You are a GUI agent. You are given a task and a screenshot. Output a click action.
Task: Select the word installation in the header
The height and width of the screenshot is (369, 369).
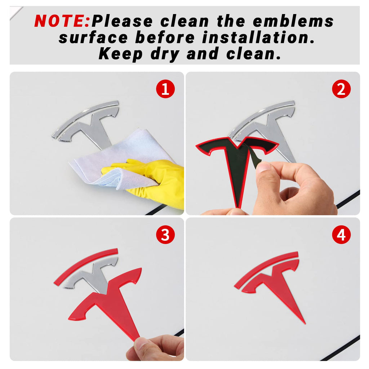coord(258,37)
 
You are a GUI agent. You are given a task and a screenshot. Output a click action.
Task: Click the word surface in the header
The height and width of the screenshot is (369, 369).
coord(93,38)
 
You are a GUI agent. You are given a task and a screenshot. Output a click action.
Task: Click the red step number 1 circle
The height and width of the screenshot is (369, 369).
coord(165,89)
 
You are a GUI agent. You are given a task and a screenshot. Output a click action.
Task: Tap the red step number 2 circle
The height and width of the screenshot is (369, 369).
coord(341,89)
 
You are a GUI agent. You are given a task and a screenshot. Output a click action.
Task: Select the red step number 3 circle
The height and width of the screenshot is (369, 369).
coord(165,235)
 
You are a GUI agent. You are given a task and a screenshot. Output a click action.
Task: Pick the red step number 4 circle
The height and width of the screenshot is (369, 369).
coord(341,235)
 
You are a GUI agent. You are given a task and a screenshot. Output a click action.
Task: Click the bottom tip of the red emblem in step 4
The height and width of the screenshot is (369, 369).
coord(305,324)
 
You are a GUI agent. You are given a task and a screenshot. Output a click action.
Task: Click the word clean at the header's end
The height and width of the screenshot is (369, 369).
coord(254,54)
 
